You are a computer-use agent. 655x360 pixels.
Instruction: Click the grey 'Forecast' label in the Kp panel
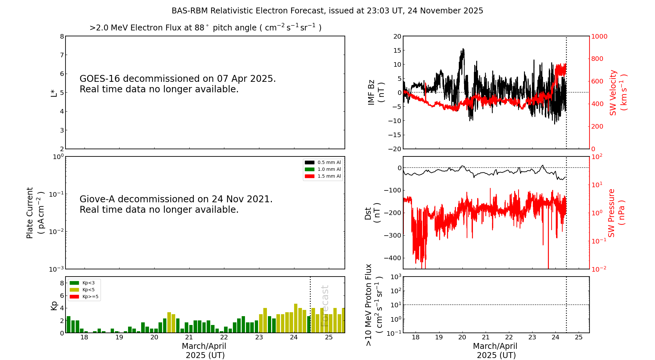(x=325, y=306)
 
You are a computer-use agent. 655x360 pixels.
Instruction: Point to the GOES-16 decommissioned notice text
(x=178, y=84)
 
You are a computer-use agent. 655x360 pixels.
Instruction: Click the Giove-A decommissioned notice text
(x=176, y=204)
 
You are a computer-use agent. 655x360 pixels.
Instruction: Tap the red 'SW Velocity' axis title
(x=618, y=92)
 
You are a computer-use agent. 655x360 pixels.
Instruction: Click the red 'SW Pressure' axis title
(x=616, y=213)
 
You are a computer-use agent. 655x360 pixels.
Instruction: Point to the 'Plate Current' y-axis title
(x=35, y=213)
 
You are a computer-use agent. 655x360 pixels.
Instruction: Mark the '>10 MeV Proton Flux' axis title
(x=374, y=305)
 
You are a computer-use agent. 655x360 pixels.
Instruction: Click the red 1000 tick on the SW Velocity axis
(x=599, y=36)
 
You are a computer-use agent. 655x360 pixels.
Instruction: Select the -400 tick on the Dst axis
(x=395, y=258)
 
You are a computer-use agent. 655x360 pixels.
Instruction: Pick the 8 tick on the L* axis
(x=62, y=36)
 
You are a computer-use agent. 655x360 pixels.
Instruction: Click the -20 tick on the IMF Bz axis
(x=395, y=149)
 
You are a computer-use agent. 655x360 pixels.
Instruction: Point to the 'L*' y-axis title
(x=54, y=93)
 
